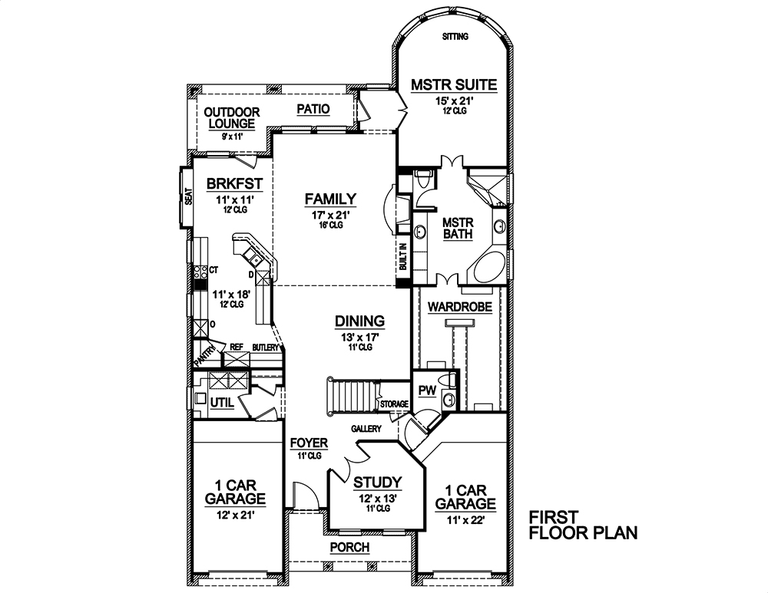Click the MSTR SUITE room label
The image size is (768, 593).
click(x=453, y=84)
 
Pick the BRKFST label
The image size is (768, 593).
click(x=235, y=183)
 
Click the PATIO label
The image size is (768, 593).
click(x=313, y=110)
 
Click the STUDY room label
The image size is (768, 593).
click(x=377, y=483)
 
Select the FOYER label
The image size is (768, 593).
click(x=309, y=443)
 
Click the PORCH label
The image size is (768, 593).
click(x=349, y=547)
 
